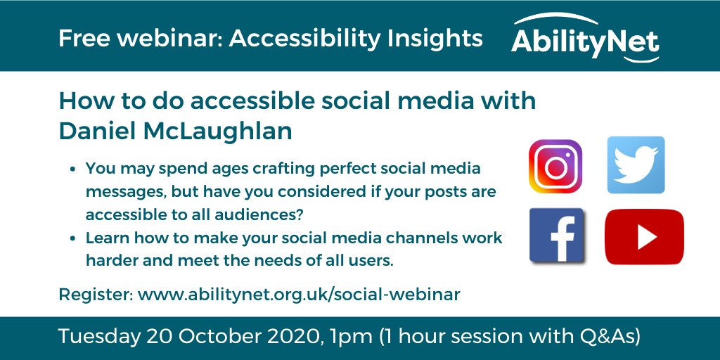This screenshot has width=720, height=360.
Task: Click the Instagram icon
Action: pos(555,166)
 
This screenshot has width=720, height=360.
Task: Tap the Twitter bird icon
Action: pos(636,165)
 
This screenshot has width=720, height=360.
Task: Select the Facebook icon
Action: pos(556,236)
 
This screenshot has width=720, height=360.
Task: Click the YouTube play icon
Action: pos(644,237)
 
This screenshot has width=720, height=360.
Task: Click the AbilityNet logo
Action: pos(585,40)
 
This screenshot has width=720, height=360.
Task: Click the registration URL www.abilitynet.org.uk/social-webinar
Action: pos(299,294)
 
